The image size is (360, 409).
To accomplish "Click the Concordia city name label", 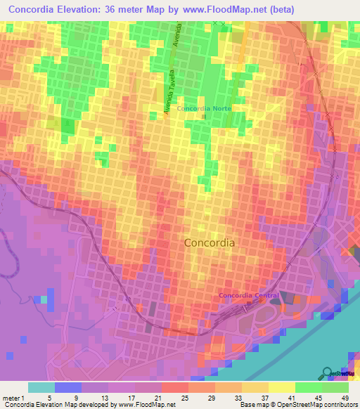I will (210, 242).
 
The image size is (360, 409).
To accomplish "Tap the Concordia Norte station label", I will (204, 108).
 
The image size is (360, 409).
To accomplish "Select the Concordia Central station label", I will (249, 295).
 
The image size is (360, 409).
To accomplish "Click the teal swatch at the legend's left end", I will (41, 387).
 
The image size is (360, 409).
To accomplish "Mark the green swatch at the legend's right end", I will (335, 387).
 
